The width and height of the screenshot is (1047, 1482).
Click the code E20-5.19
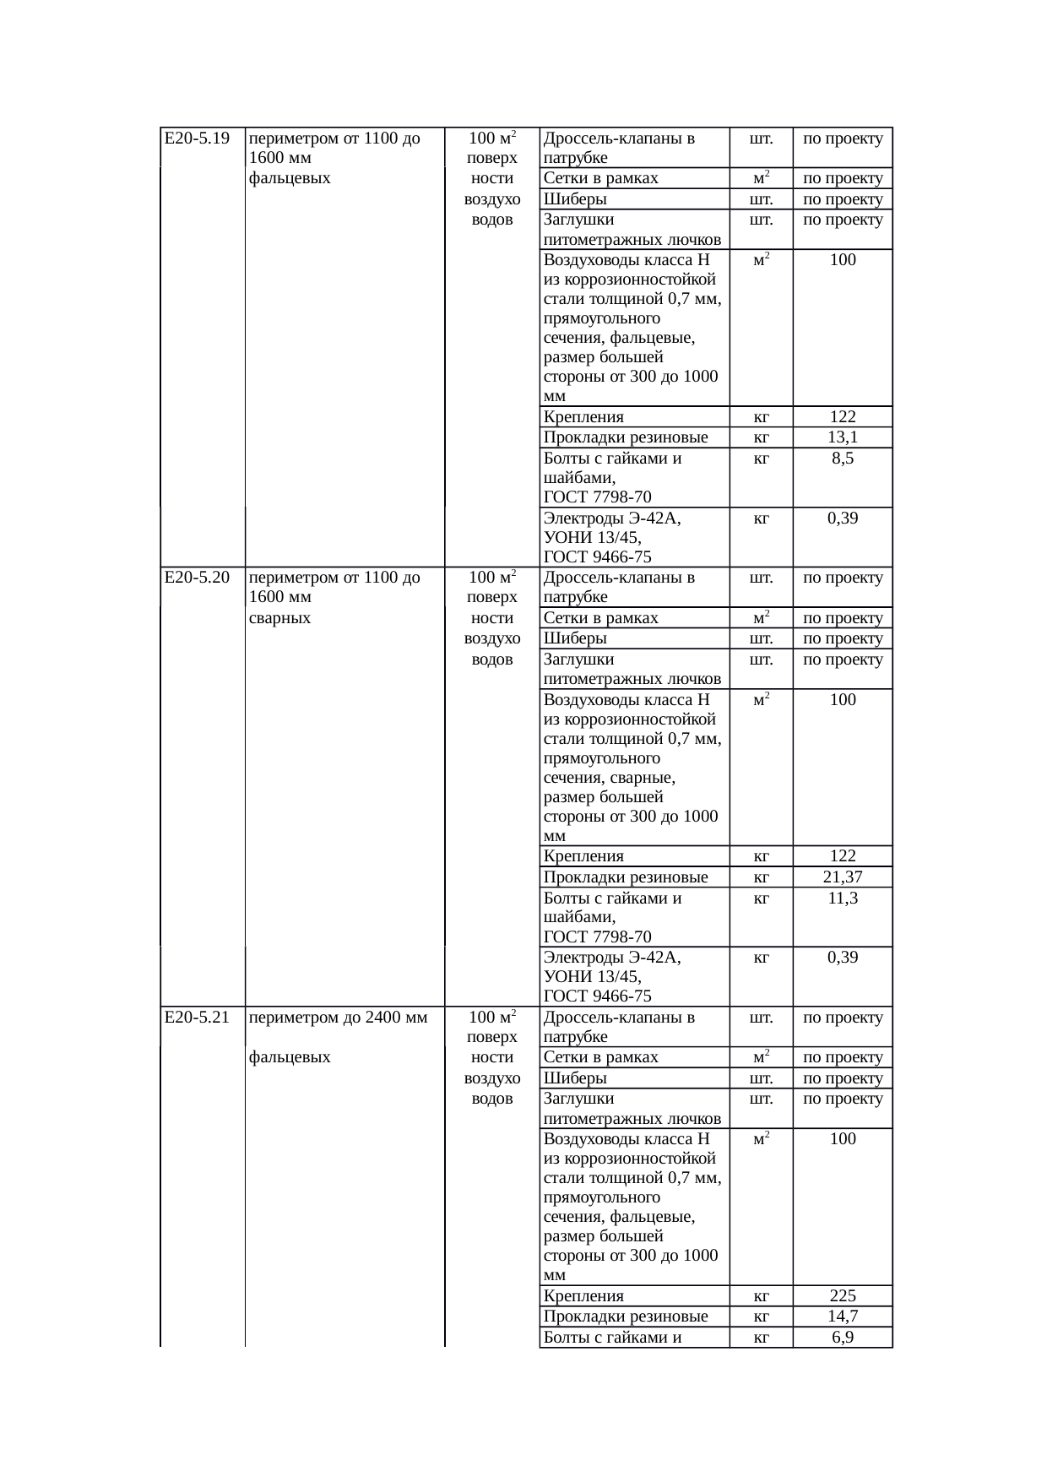[x=197, y=138]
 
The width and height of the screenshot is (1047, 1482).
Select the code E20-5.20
[x=197, y=578]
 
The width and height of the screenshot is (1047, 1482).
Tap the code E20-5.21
[x=197, y=1018]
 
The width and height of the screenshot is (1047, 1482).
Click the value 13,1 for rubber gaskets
[x=843, y=437]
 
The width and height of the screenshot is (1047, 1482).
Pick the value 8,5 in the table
[x=843, y=459]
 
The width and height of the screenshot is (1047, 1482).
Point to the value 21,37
[x=843, y=877]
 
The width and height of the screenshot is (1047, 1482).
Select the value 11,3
[x=843, y=898]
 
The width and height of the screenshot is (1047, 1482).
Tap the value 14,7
[x=843, y=1316]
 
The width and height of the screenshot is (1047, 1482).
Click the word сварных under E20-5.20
[x=280, y=618]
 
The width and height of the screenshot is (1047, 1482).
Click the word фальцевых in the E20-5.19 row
[x=290, y=178]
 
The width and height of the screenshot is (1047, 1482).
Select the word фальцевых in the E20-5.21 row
[x=290, y=1057]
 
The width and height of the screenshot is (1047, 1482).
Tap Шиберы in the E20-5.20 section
[x=575, y=638]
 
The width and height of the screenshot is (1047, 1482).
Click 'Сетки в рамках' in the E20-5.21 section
[x=600, y=1057]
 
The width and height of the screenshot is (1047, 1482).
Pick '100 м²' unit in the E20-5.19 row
[x=492, y=138]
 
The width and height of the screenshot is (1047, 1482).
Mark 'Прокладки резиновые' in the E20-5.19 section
[x=626, y=437]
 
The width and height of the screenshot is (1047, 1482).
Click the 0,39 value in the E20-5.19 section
[x=843, y=518]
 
